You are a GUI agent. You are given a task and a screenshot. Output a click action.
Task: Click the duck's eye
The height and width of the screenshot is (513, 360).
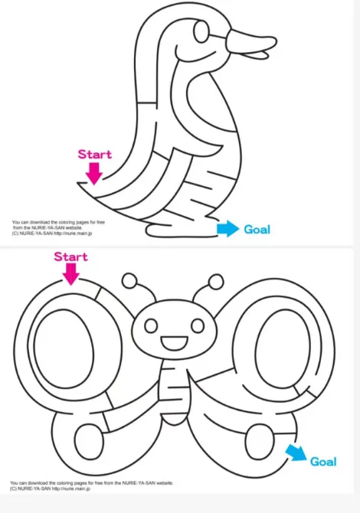point(201,31)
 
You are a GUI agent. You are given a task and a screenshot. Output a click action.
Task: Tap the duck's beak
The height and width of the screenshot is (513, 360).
point(252,44)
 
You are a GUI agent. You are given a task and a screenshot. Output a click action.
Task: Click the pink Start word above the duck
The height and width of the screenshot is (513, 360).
point(94,154)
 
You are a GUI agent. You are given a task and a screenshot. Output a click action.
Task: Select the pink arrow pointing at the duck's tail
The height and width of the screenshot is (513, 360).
point(94,174)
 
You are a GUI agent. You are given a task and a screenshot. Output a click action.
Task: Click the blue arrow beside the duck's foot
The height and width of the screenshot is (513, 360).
point(227,229)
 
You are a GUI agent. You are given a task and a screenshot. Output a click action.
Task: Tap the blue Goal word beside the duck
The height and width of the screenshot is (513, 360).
point(257,230)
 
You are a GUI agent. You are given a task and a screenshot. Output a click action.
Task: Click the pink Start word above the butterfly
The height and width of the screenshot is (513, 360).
point(70,256)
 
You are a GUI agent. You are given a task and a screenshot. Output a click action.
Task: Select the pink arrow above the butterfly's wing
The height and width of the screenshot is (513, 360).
point(71,274)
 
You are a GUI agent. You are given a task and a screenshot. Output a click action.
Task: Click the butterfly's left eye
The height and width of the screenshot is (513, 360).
point(151,325)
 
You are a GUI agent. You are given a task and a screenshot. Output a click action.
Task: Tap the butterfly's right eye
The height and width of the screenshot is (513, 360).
point(198,325)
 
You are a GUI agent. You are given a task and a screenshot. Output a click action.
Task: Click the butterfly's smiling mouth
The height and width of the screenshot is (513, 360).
point(174,343)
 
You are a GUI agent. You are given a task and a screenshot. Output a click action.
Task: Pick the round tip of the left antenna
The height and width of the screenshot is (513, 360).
point(129,280)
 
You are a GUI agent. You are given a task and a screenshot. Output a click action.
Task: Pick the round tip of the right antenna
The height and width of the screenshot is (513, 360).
point(216,282)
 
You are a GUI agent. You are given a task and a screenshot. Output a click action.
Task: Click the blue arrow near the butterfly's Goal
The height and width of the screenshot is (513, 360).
point(296,453)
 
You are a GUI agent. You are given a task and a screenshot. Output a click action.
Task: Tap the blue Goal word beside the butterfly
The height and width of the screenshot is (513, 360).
point(323,462)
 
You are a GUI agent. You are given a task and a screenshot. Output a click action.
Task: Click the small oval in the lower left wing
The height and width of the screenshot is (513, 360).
point(89,442)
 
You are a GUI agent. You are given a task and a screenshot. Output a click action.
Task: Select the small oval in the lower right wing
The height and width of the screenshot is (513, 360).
point(260,443)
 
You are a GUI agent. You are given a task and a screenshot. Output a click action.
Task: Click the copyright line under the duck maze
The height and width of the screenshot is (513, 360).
point(52,234)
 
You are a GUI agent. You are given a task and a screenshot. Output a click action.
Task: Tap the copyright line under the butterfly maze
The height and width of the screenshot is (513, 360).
point(50,488)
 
